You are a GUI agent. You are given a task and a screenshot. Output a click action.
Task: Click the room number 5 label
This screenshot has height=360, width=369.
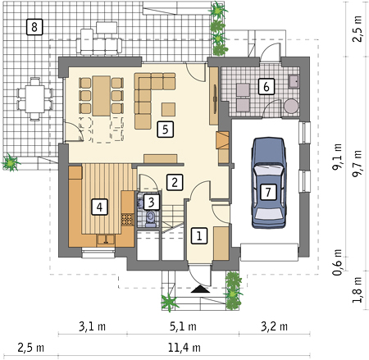(x=166, y=129)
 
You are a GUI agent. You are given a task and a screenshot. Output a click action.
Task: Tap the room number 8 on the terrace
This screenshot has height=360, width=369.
(x=34, y=27)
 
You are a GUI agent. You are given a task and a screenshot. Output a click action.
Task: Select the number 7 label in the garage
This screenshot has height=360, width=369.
(x=268, y=192)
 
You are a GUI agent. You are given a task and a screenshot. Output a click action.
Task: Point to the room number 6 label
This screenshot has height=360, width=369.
(x=266, y=87)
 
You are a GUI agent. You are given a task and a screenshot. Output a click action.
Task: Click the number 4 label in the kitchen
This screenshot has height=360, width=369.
(x=99, y=207)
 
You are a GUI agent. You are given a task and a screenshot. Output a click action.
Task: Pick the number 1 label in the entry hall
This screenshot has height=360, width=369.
(x=199, y=235)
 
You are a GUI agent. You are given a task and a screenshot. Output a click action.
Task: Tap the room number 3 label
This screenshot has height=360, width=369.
(x=151, y=202)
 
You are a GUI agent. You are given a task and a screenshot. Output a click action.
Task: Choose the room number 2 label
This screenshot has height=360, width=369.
(x=175, y=182)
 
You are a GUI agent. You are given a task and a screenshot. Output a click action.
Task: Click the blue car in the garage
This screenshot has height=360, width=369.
(x=269, y=183)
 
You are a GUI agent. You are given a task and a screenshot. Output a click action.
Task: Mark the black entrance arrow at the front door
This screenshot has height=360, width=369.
(x=200, y=289)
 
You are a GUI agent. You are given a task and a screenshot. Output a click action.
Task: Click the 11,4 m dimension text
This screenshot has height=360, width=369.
(x=184, y=348)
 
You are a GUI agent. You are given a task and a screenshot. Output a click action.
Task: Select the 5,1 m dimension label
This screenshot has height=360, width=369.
(x=183, y=326)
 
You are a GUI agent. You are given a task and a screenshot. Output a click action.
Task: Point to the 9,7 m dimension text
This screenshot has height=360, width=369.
(x=357, y=163)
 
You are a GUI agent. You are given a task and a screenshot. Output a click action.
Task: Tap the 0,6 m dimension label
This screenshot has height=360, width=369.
(x=337, y=262)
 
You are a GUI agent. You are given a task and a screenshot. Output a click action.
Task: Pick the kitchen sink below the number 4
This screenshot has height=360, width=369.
(x=106, y=239)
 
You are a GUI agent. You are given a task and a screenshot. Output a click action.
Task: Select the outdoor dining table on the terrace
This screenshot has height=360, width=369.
(x=34, y=99)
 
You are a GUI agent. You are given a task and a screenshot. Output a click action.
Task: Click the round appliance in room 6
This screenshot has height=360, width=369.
(x=291, y=106)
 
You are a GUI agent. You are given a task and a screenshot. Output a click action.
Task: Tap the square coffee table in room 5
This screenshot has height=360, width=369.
(x=168, y=109)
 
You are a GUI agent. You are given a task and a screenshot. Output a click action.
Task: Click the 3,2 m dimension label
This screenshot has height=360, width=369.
(x=274, y=326)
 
